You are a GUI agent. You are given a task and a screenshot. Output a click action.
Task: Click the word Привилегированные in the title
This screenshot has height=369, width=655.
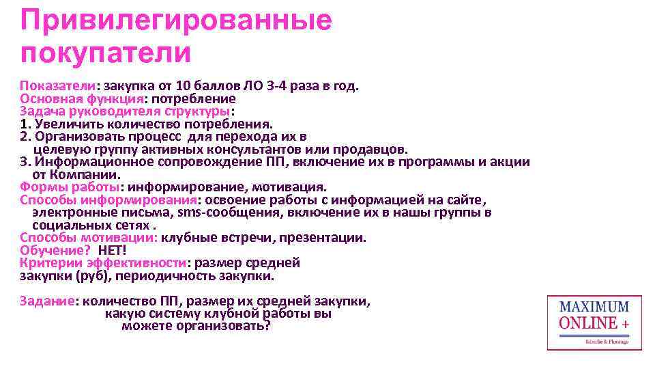click(176, 20)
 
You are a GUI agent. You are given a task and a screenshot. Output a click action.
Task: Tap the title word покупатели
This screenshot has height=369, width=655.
click(105, 52)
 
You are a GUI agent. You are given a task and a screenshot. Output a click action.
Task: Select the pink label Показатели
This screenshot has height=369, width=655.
click(57, 86)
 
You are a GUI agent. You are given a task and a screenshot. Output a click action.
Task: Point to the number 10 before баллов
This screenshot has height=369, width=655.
click(183, 86)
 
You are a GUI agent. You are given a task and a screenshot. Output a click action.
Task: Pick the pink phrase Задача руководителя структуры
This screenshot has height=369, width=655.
click(125, 111)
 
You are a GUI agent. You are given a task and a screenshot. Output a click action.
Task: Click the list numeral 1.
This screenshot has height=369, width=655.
click(25, 124)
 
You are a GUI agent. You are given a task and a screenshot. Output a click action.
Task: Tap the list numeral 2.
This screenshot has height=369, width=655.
click(25, 137)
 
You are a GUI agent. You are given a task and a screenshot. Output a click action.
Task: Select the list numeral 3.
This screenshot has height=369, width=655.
click(25, 162)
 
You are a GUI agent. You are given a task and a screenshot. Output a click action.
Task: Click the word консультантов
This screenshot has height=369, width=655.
click(259, 149)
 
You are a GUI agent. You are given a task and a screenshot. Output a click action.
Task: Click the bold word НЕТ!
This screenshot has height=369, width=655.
click(113, 250)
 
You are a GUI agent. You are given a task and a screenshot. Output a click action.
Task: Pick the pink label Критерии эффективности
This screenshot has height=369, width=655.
click(102, 263)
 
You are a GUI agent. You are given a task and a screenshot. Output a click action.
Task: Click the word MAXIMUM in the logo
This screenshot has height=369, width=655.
click(594, 307)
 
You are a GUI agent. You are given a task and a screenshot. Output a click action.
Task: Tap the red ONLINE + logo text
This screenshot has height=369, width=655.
click(594, 323)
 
